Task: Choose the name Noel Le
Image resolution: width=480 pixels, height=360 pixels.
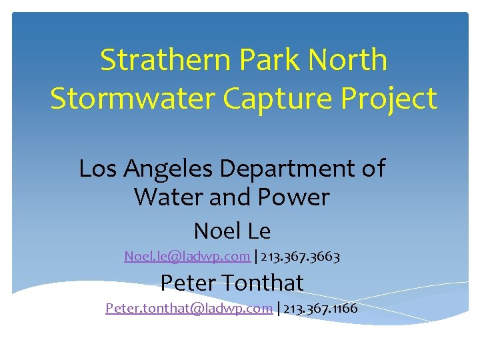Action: [232, 231]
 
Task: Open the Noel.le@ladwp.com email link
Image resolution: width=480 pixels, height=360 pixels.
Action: [187, 255]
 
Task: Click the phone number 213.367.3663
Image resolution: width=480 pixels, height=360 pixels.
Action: [301, 255]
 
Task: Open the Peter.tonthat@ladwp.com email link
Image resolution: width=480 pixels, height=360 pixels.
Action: [189, 308]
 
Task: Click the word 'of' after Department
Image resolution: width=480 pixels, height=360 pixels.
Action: [373, 169]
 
